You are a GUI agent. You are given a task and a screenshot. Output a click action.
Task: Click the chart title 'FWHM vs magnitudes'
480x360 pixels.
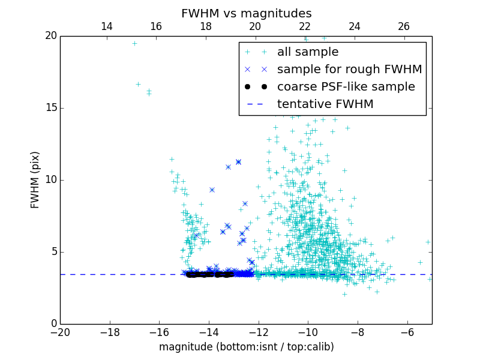click(246, 13)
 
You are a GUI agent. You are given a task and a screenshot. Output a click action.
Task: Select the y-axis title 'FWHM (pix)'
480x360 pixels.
click(35, 180)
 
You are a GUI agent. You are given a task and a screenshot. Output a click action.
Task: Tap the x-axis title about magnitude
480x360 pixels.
click(246, 347)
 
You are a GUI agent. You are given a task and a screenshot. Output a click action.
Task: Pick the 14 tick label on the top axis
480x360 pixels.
click(107, 26)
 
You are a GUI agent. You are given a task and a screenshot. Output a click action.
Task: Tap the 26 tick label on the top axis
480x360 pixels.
click(404, 26)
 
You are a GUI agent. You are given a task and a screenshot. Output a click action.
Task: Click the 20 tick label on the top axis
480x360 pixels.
click(255, 26)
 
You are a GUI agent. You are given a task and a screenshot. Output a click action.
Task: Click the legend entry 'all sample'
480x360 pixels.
click(308, 52)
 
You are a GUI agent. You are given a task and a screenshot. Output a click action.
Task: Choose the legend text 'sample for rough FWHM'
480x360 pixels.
click(349, 70)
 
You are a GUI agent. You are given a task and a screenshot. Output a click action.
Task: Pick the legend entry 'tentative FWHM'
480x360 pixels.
click(325, 104)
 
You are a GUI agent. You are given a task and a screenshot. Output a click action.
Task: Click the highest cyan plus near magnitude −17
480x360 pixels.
click(134, 43)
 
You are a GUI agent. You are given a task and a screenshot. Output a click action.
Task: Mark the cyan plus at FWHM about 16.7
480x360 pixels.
click(138, 84)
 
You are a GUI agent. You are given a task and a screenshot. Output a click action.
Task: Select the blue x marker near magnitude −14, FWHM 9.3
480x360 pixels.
click(212, 190)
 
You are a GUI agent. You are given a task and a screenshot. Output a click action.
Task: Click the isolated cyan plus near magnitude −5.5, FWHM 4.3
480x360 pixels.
click(420, 262)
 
